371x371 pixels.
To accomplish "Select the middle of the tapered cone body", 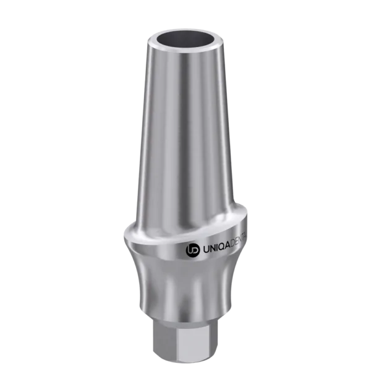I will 185,142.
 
